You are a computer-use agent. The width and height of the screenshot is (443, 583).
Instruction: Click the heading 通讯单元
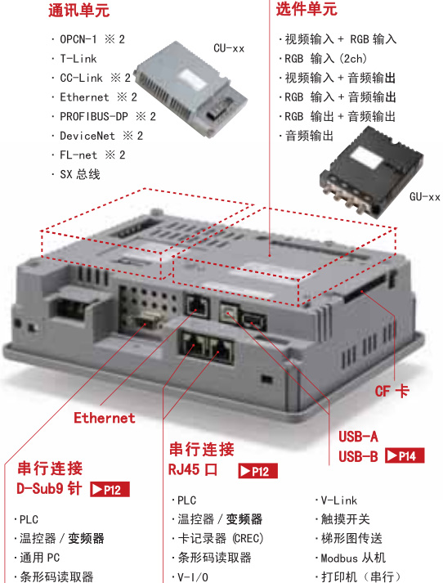(x=78, y=10)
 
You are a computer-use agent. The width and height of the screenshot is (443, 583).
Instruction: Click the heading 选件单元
(x=307, y=9)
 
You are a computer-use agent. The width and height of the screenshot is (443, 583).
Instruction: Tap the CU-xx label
(x=229, y=48)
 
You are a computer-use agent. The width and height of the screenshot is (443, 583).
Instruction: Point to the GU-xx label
(x=425, y=197)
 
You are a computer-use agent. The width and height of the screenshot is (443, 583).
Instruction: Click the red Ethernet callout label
(x=104, y=418)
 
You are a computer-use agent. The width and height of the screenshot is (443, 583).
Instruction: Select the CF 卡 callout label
(x=392, y=391)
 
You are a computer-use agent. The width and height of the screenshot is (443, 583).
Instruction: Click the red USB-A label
(x=358, y=437)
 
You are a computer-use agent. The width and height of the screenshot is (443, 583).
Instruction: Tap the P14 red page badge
(x=405, y=455)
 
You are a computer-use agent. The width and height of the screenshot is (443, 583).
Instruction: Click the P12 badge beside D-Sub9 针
(x=110, y=489)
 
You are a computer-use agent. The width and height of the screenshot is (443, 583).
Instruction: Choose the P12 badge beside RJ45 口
(x=258, y=471)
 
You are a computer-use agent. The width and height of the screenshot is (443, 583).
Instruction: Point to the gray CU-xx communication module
(x=190, y=89)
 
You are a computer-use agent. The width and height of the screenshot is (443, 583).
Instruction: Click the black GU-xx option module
(x=371, y=170)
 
